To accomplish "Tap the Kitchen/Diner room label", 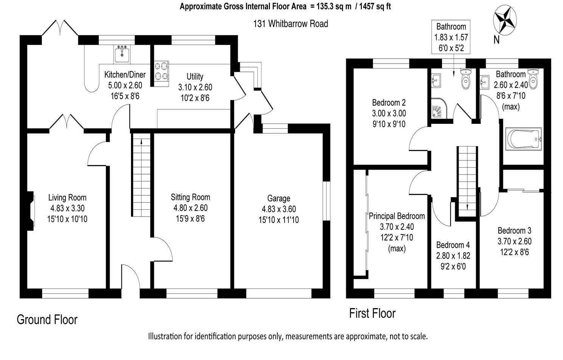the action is pyautogui.click(x=124, y=75).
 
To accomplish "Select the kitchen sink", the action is pyautogui.click(x=122, y=54).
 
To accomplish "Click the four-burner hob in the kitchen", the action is pyautogui.click(x=161, y=71).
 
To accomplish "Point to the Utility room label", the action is pyautogui.click(x=195, y=76).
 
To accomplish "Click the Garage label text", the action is pyautogui.click(x=278, y=198).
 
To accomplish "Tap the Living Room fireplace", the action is pyautogui.click(x=30, y=211).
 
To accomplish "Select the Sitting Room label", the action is pyautogui.click(x=190, y=197).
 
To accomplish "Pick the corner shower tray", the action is pyautogui.click(x=439, y=109).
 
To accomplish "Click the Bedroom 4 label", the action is pyautogui.click(x=453, y=245).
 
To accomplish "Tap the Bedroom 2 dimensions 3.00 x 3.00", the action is pyautogui.click(x=389, y=113).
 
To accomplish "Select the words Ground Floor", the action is pyautogui.click(x=47, y=320).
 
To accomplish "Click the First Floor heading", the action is pyautogui.click(x=372, y=313).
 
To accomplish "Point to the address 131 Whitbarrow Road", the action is pyautogui.click(x=290, y=24).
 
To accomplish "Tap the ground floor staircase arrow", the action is pyautogui.click(x=141, y=142).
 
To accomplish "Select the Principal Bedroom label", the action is pyautogui.click(x=397, y=216).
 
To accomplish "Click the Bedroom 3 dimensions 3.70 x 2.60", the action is pyautogui.click(x=514, y=241).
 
